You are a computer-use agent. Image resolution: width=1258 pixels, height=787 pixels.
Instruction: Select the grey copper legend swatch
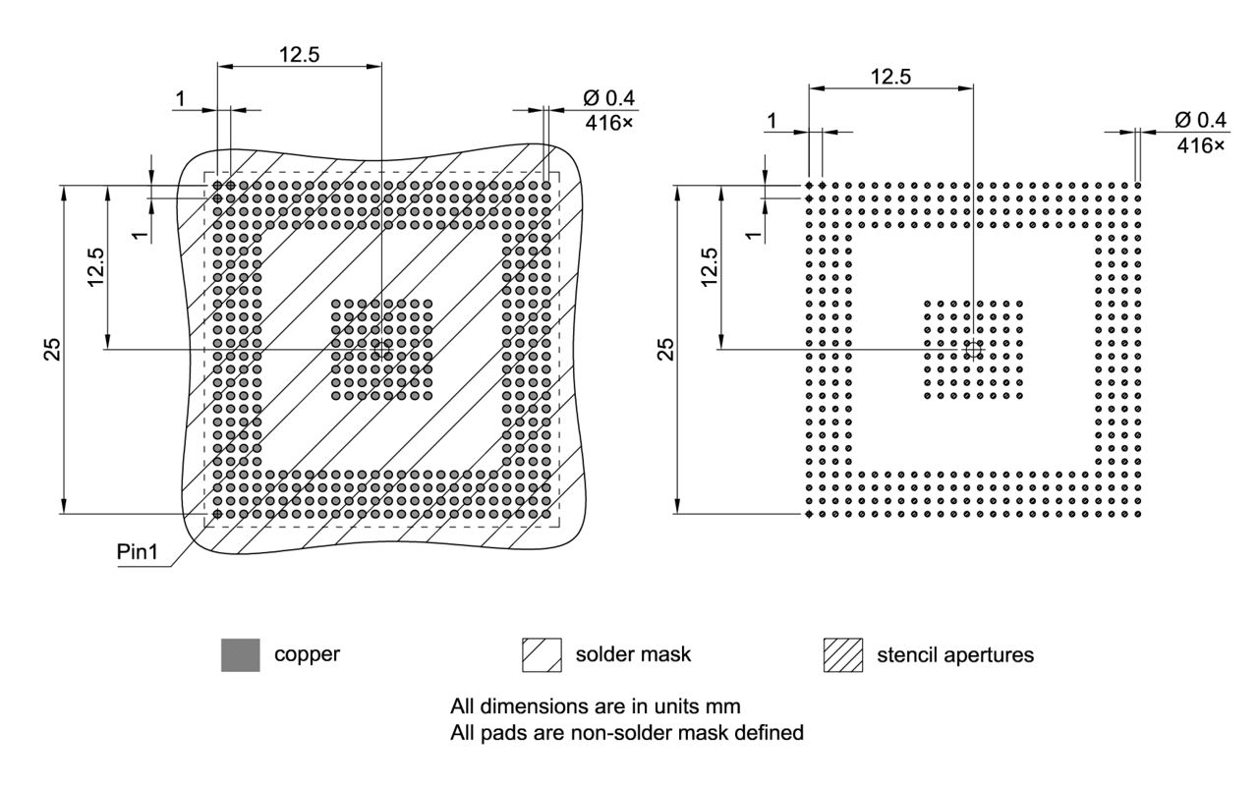point(241,654)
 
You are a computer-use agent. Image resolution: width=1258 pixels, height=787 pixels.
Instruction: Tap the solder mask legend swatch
point(542,654)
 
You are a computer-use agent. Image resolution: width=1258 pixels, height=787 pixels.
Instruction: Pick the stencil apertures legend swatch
point(841,654)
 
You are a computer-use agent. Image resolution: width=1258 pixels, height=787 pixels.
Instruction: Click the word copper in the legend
point(307,654)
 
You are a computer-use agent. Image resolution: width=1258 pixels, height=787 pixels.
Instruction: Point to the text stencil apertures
point(954,654)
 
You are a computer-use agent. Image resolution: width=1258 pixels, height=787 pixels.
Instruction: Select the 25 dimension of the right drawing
point(665,349)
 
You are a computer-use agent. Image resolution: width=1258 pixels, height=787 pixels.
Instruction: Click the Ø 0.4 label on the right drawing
point(1200,120)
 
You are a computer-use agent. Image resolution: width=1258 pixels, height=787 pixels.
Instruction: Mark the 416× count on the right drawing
point(1201,144)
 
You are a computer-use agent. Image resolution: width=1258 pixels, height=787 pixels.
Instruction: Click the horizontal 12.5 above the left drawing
point(299,55)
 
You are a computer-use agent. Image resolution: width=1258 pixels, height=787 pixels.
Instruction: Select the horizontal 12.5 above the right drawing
point(890,76)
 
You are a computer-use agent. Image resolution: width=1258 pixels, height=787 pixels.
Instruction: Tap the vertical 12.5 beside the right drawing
point(710,266)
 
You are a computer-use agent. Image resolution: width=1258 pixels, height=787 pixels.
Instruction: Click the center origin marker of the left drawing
point(381,350)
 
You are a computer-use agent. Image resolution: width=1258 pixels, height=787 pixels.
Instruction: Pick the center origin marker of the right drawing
point(973,350)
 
